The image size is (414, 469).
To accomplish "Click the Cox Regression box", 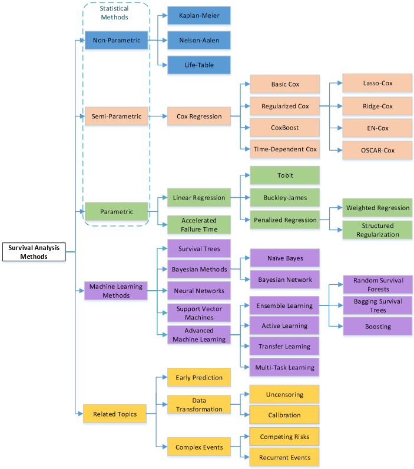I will click(198, 117).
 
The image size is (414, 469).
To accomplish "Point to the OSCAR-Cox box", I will click(377, 151).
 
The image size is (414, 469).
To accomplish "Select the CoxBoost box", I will click(284, 128).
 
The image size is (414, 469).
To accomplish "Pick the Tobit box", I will click(284, 175).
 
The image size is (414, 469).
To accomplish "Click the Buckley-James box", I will click(284, 198).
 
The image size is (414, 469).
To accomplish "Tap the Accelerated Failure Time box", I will click(198, 225).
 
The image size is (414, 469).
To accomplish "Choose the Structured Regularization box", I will click(377, 230).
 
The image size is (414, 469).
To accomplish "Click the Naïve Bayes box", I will click(284, 258).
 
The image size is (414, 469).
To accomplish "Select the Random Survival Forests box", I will click(377, 285).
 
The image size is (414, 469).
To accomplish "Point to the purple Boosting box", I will click(377, 326).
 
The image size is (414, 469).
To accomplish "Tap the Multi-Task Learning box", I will click(284, 368).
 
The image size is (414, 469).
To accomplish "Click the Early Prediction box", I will click(198, 378).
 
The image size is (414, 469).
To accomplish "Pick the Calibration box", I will click(284, 415).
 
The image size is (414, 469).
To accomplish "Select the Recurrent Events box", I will click(284, 457).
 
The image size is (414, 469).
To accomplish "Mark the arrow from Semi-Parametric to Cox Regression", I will click(158, 117).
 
